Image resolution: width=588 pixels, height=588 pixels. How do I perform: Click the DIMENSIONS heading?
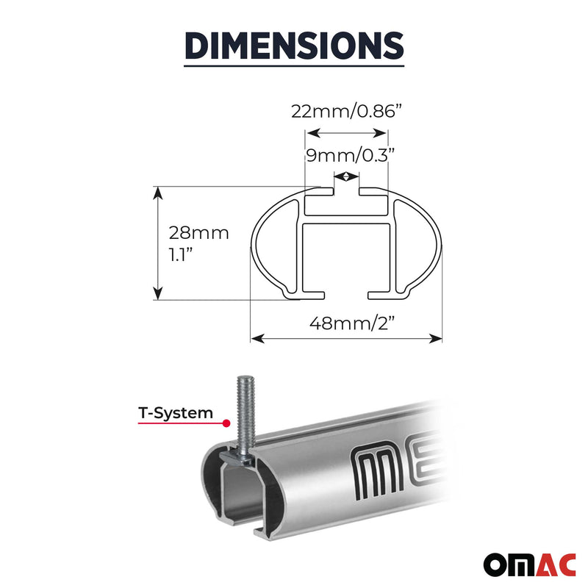[x=294, y=45]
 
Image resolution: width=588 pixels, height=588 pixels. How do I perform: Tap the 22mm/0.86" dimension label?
[x=346, y=111]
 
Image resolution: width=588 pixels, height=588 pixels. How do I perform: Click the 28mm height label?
[x=198, y=234]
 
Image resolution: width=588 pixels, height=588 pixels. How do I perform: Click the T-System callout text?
[x=176, y=413]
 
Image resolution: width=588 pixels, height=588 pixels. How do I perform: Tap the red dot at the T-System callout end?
[x=227, y=424]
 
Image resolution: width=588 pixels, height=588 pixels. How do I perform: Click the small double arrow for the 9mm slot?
[x=346, y=176]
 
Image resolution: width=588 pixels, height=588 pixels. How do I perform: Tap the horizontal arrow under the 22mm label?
[x=346, y=133]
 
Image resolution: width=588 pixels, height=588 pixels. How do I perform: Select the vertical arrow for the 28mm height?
[x=157, y=243]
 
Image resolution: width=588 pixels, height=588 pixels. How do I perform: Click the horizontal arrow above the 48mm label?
[x=346, y=338]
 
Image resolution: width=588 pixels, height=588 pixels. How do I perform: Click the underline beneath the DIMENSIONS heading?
[x=294, y=67]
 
